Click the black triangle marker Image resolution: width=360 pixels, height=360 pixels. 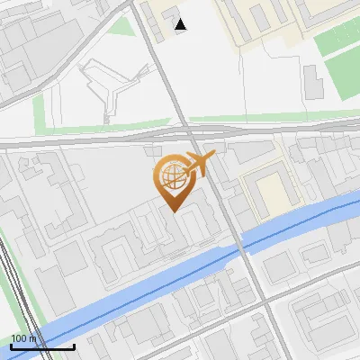[x=181, y=24]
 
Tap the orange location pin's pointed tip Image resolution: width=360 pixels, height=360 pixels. [x=174, y=211]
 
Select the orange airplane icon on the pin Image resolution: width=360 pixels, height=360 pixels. [x=200, y=165]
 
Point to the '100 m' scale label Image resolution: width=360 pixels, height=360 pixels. [x=23, y=337]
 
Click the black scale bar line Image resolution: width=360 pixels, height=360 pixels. [x=41, y=346]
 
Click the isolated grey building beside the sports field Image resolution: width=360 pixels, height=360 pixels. [x=311, y=83]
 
